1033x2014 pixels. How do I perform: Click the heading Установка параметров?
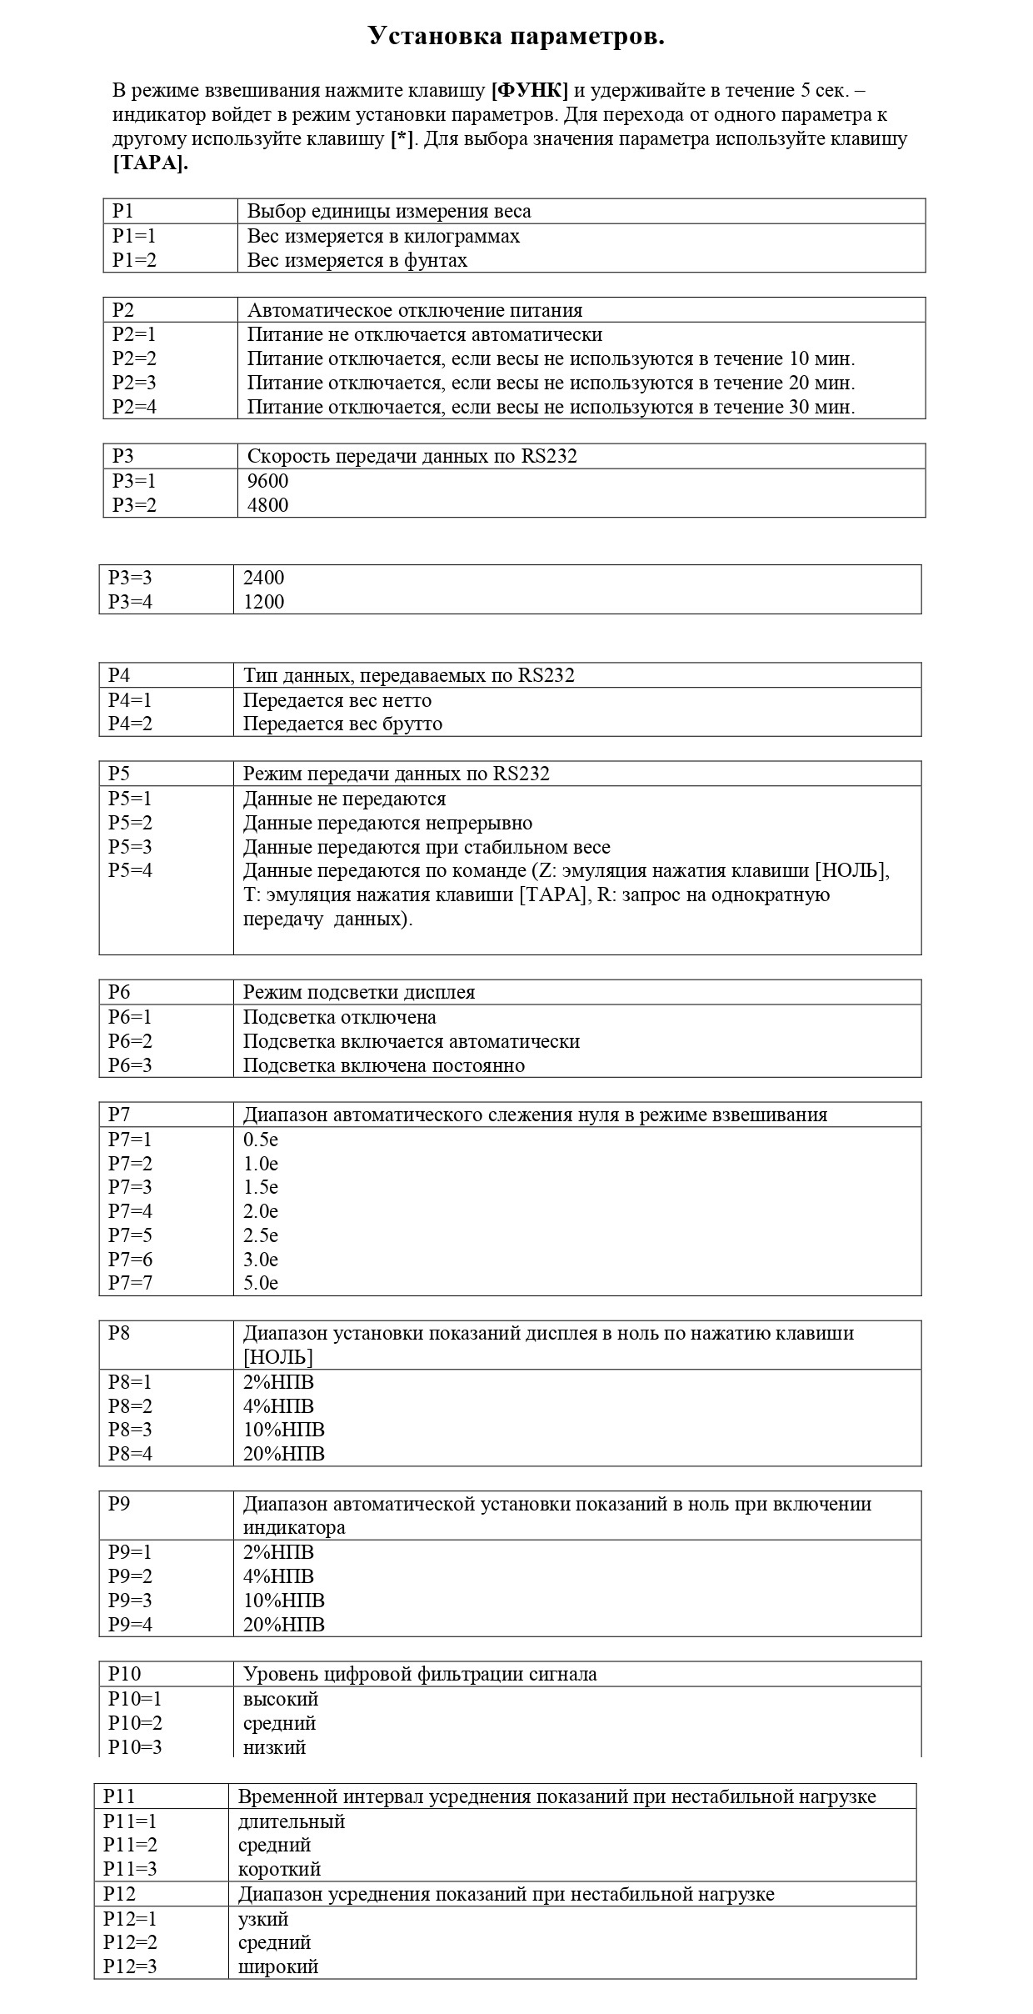(516, 37)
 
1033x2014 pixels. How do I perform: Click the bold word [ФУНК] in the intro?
(530, 90)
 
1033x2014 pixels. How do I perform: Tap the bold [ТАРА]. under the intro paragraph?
(150, 163)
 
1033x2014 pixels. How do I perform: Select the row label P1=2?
(134, 260)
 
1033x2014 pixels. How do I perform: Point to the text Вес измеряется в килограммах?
(383, 236)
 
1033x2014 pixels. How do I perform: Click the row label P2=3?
(134, 383)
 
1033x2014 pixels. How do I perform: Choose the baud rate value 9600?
(267, 481)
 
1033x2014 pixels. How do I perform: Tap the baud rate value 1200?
(263, 602)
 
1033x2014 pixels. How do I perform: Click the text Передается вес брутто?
(342, 724)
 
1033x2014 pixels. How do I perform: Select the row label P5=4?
(130, 870)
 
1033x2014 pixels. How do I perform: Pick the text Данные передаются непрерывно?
(387, 823)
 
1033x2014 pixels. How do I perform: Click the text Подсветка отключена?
(339, 1017)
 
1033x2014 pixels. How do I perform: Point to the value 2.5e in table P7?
(260, 1235)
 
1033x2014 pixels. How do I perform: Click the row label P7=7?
(130, 1283)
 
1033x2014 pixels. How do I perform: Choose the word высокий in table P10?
(281, 1699)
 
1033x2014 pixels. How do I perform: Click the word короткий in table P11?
(279, 1869)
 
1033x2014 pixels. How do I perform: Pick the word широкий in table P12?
(278, 1966)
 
